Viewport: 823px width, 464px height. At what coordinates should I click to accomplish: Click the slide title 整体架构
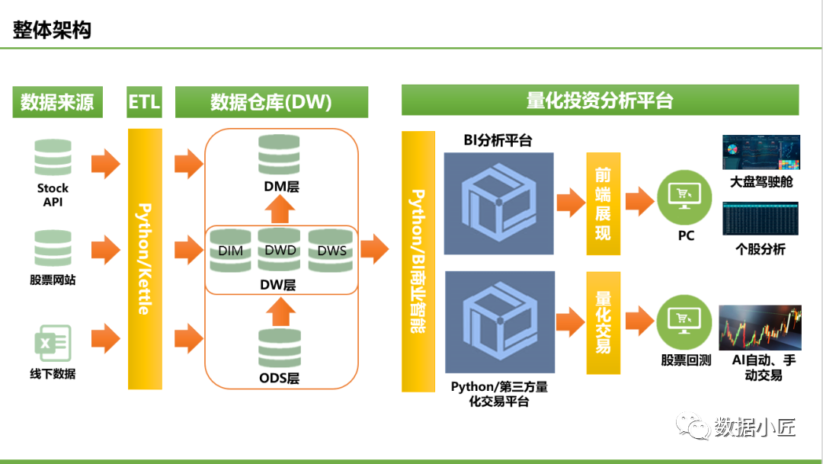pos(52,30)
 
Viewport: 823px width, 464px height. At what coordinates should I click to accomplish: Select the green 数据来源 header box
pos(57,102)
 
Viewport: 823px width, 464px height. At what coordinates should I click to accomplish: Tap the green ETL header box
pos(144,102)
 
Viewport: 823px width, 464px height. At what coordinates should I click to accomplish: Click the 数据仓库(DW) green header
pos(271,102)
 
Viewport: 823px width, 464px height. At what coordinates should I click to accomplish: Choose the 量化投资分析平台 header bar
pos(600,101)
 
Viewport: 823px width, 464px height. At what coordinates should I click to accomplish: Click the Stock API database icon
pos(53,158)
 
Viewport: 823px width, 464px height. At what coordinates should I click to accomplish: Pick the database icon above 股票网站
pos(53,248)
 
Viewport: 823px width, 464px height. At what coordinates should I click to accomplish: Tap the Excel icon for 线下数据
pos(53,343)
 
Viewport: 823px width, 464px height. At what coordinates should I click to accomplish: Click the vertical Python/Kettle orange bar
pos(144,259)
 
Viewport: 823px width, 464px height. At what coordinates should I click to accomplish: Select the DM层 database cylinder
pos(279,155)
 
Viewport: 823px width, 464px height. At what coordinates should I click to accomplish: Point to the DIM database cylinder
pos(230,250)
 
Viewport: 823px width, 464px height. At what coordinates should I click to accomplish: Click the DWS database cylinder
pos(331,250)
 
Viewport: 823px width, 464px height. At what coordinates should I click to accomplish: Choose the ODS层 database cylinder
pos(279,347)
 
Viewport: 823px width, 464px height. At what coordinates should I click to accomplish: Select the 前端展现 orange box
pos(603,203)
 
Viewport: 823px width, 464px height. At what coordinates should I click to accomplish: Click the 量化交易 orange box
pos(603,322)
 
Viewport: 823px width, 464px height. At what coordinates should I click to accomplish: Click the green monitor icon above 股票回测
pos(685,322)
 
